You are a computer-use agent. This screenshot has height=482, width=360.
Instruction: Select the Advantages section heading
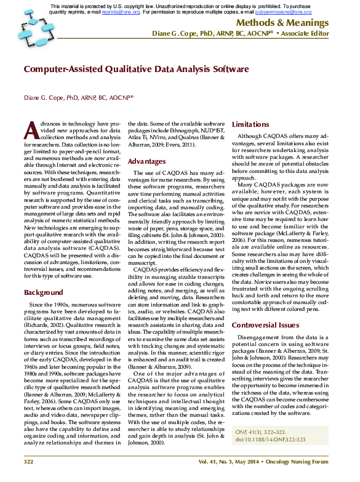tap(146, 161)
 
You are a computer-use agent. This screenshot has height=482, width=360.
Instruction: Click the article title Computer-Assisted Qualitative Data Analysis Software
tap(136, 70)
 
